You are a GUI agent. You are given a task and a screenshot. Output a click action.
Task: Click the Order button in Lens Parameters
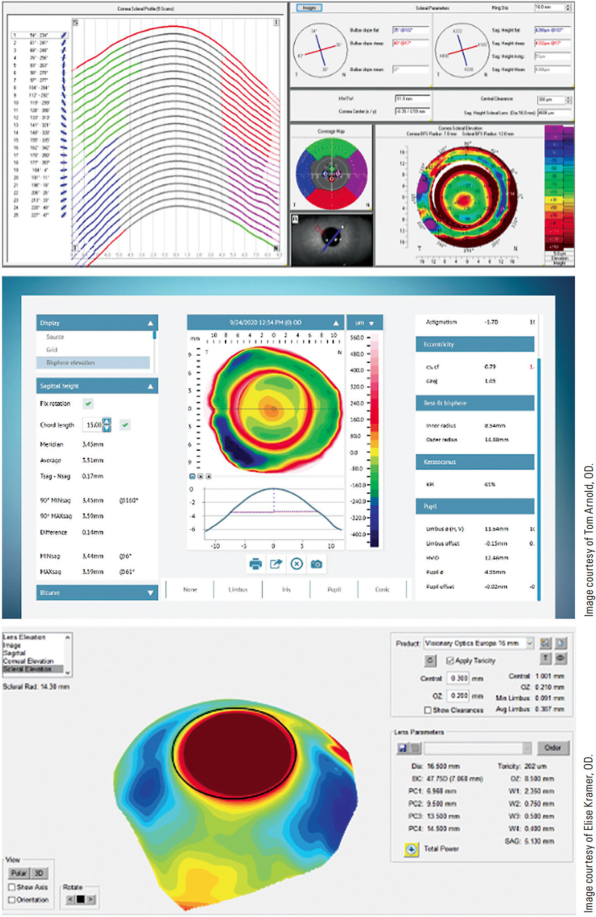point(552,748)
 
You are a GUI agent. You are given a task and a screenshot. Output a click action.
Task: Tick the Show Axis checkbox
point(12,887)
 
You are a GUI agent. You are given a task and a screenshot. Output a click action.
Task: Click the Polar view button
point(19,873)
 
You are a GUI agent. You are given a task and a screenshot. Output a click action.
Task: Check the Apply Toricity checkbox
point(450,661)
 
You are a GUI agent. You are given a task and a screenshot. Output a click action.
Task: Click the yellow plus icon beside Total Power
point(411,849)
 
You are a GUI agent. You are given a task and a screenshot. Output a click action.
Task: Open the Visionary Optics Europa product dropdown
point(530,643)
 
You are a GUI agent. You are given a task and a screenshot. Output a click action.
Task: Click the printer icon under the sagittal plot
point(256,564)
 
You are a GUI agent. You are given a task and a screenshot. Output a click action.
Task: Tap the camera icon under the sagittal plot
point(317,564)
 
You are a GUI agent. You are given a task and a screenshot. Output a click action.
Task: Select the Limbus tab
point(238,590)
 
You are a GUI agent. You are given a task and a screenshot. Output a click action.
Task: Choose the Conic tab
point(382,590)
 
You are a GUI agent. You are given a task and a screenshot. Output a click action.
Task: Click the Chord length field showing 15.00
point(93,425)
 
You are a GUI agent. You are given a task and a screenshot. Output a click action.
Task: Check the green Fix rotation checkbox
point(88,403)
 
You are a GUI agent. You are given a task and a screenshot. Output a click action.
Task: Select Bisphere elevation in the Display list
point(71,363)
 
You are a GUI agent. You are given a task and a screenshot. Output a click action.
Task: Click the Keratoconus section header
point(475,462)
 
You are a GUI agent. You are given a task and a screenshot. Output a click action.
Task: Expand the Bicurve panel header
point(97,593)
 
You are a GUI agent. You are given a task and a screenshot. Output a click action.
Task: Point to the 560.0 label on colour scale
point(357,337)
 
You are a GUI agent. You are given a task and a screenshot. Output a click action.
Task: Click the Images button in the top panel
point(309,8)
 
